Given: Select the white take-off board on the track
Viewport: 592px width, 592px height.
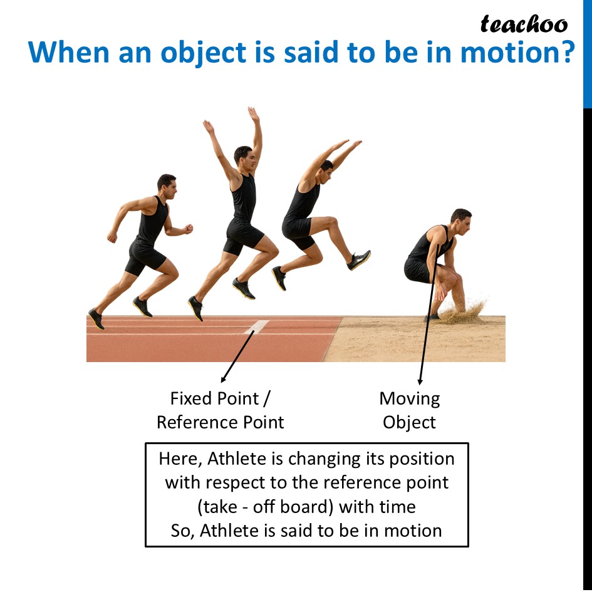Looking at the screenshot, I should pyautogui.click(x=257, y=327).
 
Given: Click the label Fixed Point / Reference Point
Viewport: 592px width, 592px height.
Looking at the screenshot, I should pyautogui.click(x=220, y=410).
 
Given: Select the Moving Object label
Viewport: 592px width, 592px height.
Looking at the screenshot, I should pyautogui.click(x=410, y=410).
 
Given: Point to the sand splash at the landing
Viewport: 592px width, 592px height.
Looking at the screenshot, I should pyautogui.click(x=467, y=311).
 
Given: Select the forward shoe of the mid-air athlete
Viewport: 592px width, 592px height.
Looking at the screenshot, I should pyautogui.click(x=359, y=259).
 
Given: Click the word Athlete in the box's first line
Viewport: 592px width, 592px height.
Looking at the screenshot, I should pyautogui.click(x=237, y=459).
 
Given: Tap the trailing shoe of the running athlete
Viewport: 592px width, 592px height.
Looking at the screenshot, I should pyautogui.click(x=96, y=318).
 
